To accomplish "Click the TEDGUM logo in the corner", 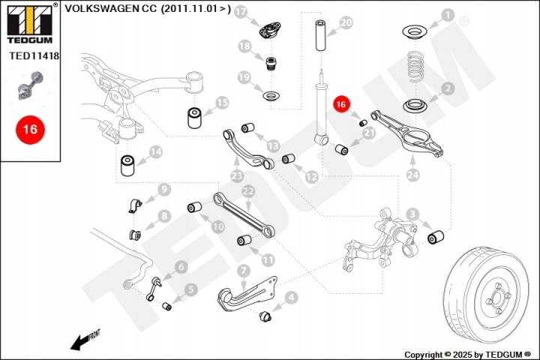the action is (x=30, y=23).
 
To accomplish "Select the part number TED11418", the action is (x=34, y=55).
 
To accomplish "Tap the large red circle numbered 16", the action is (x=30, y=130).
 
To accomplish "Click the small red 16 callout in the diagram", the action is (x=341, y=104).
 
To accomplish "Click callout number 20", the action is (x=346, y=23).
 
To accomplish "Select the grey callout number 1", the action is (x=448, y=15).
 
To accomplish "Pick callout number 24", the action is (x=412, y=175).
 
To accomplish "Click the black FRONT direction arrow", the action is (x=84, y=340).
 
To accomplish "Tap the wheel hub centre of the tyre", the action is (x=497, y=297).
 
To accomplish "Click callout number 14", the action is (x=156, y=151).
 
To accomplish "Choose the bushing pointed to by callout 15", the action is (x=194, y=118).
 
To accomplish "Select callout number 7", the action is (x=244, y=271).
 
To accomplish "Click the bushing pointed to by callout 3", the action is (x=435, y=237).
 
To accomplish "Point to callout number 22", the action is (x=248, y=191).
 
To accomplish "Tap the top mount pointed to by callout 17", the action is (x=270, y=30).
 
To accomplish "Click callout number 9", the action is (x=164, y=189).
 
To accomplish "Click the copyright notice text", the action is (x=467, y=355).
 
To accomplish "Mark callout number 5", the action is (x=190, y=289).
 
